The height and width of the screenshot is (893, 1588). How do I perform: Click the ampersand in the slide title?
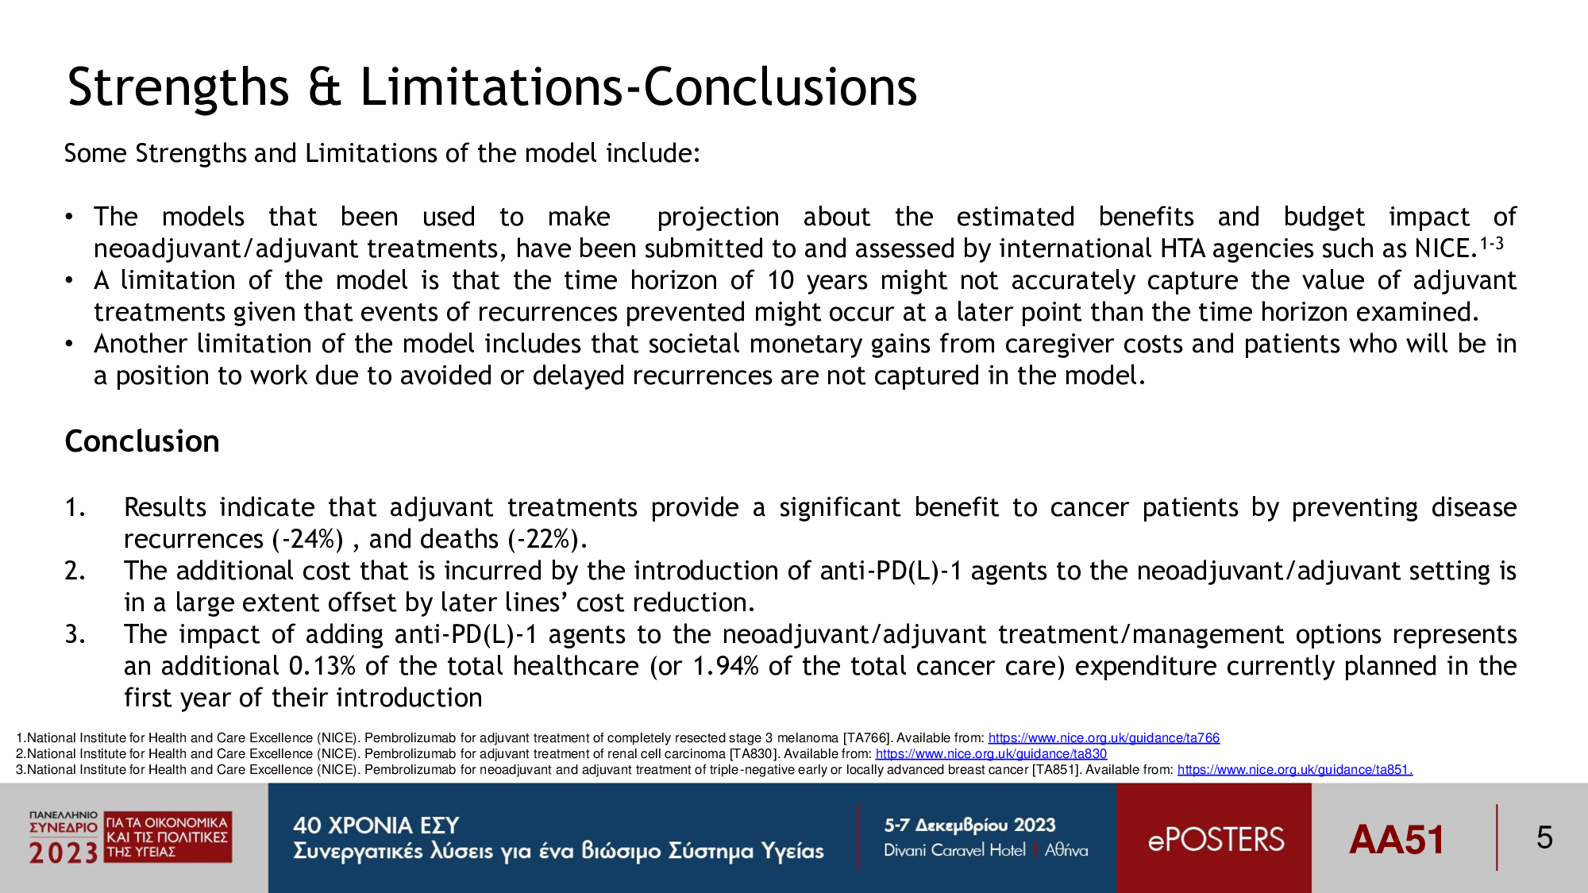324,87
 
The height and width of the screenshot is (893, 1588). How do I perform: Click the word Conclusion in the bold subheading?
142,441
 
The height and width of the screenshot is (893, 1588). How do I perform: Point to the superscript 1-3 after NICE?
1491,243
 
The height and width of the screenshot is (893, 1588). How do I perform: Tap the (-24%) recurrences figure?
308,540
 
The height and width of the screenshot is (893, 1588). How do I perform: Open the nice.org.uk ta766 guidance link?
1104,738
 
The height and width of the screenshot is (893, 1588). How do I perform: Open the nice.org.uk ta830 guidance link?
991,754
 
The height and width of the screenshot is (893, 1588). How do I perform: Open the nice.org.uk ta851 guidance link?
1295,770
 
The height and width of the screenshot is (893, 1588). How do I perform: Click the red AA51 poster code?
1397,840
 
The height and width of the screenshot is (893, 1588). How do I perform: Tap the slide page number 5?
1544,838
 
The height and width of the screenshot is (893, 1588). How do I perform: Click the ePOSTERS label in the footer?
1216,840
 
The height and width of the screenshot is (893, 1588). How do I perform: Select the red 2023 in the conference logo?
64,853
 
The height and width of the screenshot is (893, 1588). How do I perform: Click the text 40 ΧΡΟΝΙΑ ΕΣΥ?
376,826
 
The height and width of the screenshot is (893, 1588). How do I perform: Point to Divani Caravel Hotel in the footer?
954,850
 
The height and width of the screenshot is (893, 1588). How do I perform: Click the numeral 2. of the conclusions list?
75,571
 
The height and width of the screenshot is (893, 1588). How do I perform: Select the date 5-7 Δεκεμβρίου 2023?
969,826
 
